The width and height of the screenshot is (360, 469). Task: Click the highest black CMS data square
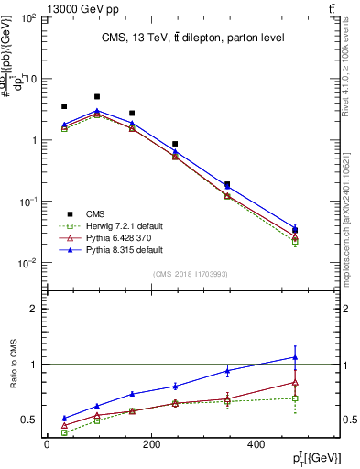click(97, 96)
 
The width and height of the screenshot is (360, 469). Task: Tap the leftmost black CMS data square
click(64, 106)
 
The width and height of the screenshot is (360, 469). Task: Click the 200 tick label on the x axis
click(150, 443)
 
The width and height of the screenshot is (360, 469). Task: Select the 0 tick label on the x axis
click(47, 443)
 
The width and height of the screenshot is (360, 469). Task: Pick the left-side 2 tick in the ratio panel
click(32, 309)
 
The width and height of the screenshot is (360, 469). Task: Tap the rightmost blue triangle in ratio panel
click(294, 357)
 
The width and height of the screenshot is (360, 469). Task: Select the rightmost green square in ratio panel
click(294, 398)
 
